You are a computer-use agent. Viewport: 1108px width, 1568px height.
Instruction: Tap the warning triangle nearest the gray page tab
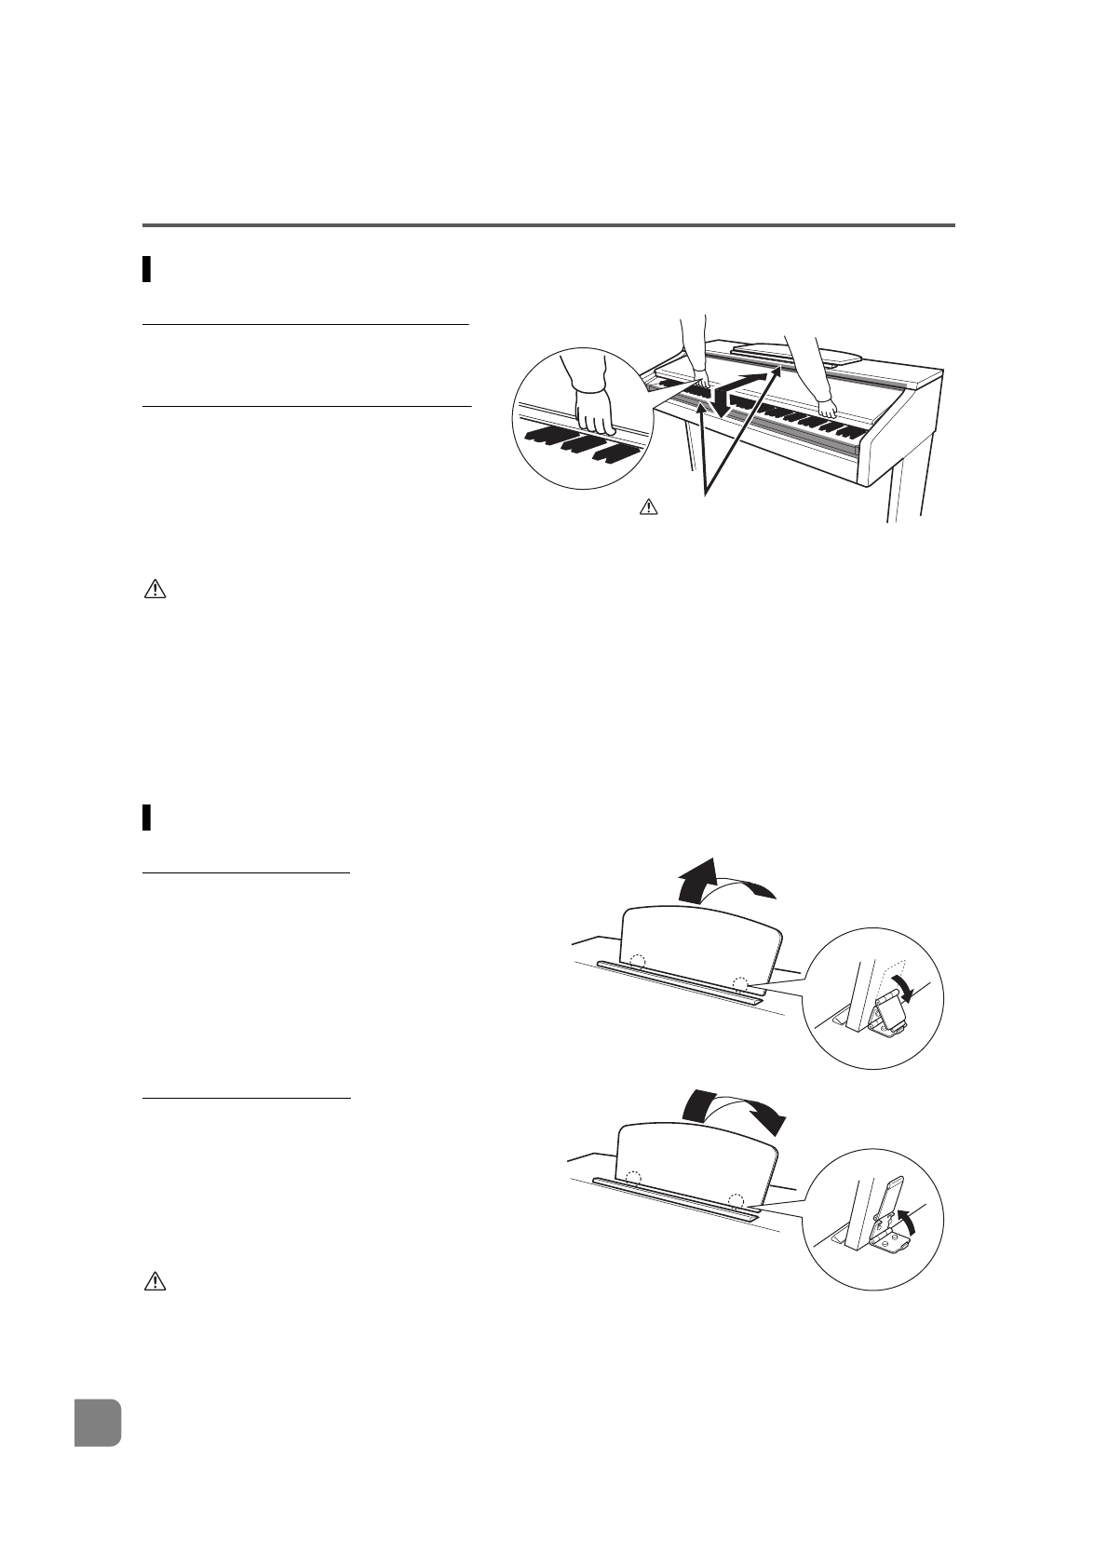[155, 1282]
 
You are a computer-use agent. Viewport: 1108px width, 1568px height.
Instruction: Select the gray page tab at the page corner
[98, 1422]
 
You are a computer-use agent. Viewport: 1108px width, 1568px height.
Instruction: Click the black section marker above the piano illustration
[147, 269]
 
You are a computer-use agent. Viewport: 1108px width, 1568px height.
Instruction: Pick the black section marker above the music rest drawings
[147, 817]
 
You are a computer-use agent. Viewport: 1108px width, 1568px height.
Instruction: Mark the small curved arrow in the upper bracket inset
[901, 986]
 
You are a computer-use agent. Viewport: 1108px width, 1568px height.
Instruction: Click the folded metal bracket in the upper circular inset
[889, 1013]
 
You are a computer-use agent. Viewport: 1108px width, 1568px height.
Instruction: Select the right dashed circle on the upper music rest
[740, 983]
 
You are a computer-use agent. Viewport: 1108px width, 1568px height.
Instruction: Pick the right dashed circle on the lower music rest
[736, 1200]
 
